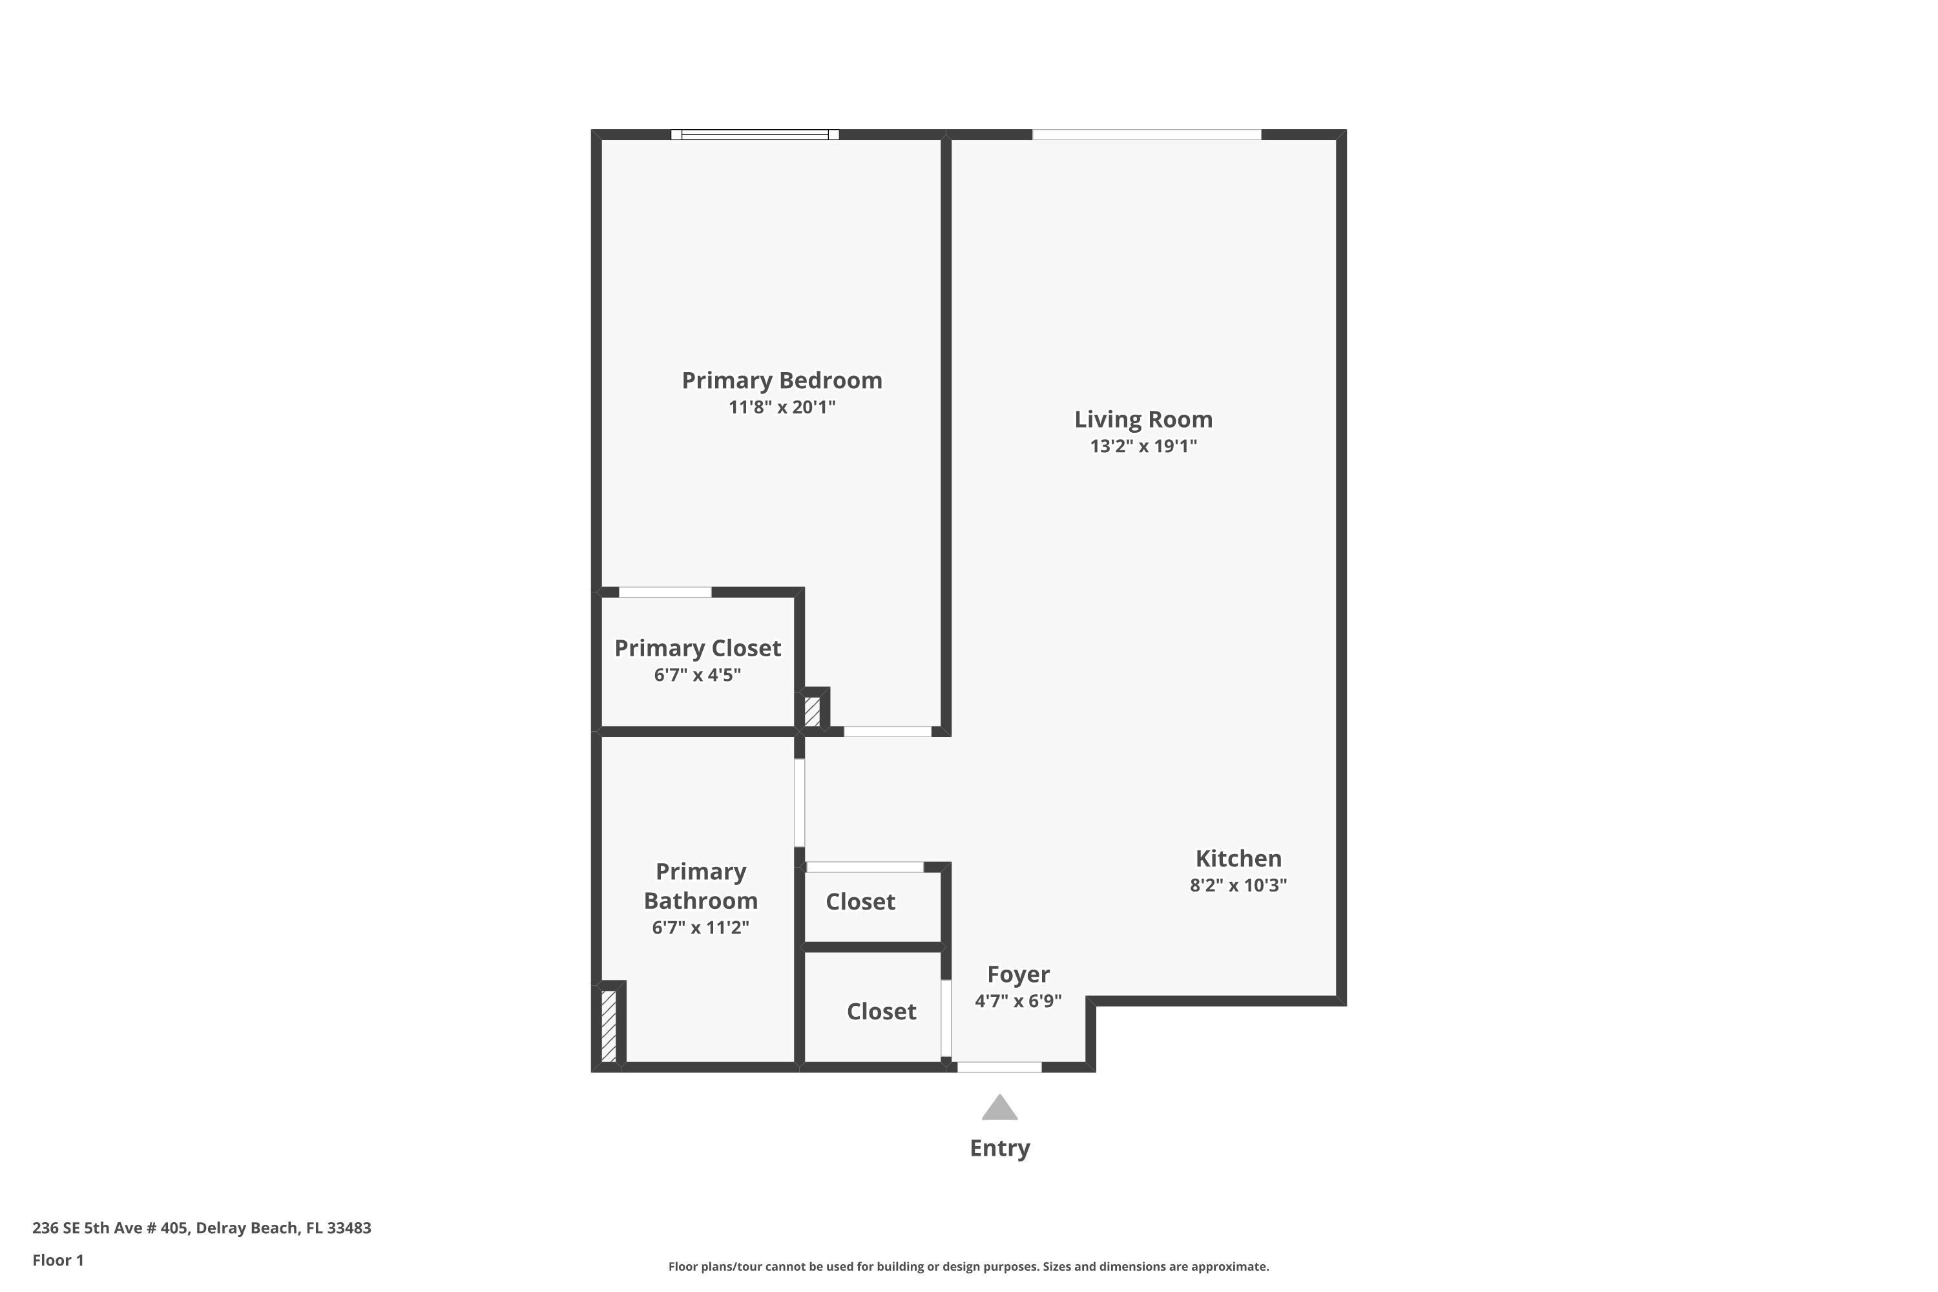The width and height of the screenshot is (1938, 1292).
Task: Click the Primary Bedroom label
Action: [x=781, y=380]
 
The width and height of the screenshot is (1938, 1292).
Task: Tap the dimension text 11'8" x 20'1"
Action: [x=781, y=407]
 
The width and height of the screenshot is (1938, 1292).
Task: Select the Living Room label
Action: [x=1143, y=419]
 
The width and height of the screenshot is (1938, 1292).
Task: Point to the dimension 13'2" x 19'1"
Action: [x=1143, y=446]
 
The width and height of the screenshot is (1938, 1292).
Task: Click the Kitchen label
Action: [x=1238, y=859]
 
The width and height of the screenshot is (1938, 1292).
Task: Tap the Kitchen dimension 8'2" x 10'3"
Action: [x=1238, y=885]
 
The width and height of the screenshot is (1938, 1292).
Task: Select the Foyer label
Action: [x=1017, y=974]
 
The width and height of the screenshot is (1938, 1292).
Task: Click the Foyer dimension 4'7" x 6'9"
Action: [x=1017, y=1001]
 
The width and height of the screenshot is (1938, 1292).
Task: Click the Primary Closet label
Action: [x=697, y=649]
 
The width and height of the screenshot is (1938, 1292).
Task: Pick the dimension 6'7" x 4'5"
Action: [x=697, y=675]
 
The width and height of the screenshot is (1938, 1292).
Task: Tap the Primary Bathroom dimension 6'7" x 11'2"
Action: [x=700, y=928]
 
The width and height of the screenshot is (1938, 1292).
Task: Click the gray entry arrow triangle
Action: [x=999, y=1109]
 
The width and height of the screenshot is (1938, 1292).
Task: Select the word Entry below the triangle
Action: [x=999, y=1148]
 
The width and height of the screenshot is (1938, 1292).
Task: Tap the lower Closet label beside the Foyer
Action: [x=881, y=1011]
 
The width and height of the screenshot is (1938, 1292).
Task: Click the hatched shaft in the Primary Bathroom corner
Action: [x=608, y=1025]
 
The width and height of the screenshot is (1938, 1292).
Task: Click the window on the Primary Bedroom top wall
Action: [x=755, y=134]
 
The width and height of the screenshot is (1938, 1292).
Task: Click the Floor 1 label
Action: [x=57, y=1260]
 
